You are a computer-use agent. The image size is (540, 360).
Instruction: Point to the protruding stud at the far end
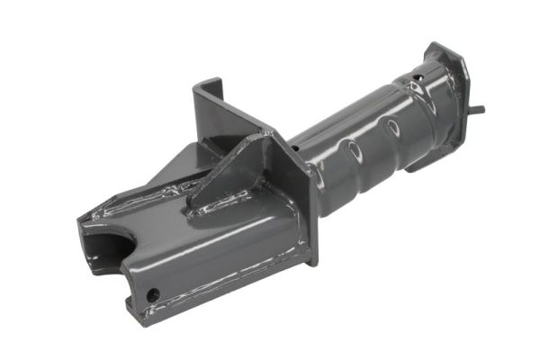tap(477, 110)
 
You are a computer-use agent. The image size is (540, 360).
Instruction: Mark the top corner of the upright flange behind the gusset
tap(198, 86)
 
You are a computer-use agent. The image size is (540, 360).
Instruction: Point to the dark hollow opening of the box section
tap(99, 247)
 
